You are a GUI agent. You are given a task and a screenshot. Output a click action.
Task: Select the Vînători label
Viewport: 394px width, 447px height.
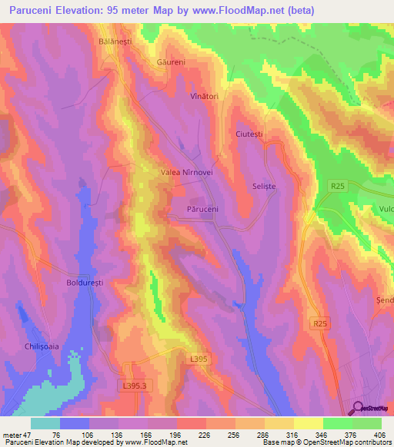coord(205,98)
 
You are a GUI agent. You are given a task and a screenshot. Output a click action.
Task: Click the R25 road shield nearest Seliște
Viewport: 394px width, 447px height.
coord(337,185)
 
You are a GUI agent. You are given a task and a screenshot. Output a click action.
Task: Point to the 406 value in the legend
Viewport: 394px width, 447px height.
coord(378,434)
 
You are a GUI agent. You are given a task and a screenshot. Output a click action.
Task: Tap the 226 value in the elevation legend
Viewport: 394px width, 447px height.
coord(203,434)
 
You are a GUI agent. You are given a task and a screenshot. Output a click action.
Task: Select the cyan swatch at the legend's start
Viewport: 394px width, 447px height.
coord(45,423)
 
